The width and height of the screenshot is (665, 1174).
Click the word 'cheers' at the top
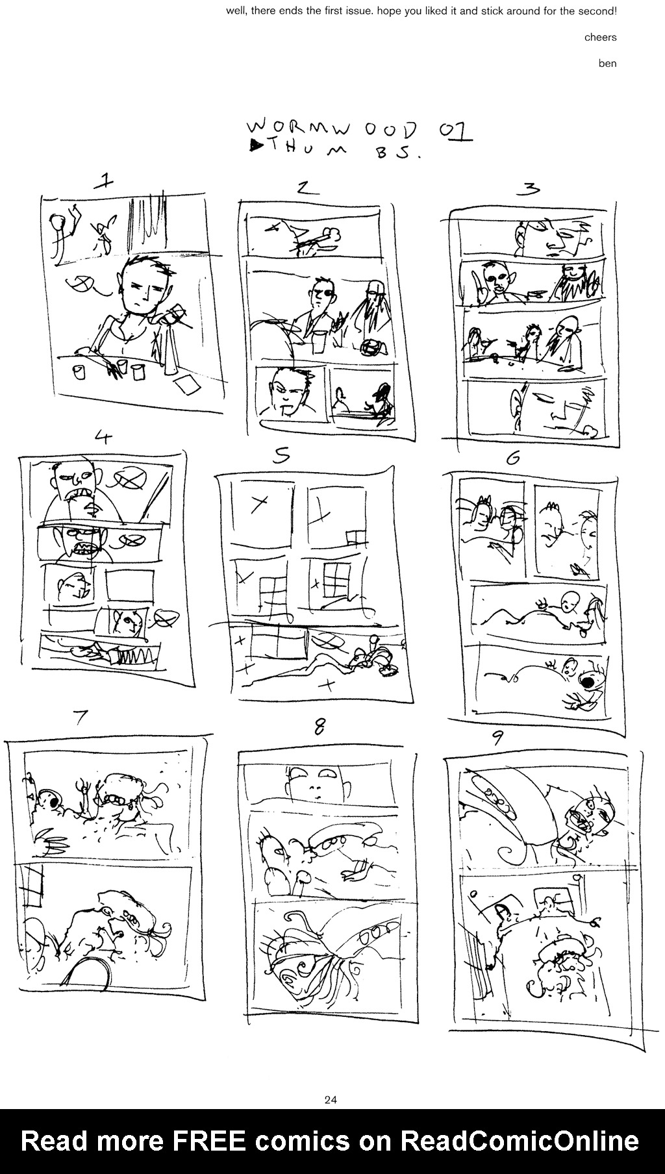pyautogui.click(x=600, y=37)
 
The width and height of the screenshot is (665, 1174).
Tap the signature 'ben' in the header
pyautogui.click(x=607, y=63)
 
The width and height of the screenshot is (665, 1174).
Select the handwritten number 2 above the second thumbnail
pyautogui.click(x=307, y=188)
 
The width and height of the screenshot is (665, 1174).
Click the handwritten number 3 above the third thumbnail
pyautogui.click(x=531, y=189)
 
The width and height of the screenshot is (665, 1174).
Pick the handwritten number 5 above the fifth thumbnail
pyautogui.click(x=281, y=456)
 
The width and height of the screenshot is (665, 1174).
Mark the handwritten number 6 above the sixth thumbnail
pyautogui.click(x=513, y=458)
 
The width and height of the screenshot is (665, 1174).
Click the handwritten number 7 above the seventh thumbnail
pyautogui.click(x=80, y=718)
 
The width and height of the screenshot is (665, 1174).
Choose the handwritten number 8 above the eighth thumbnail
pyautogui.click(x=320, y=728)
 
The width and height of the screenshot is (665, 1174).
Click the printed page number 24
pyautogui.click(x=330, y=1099)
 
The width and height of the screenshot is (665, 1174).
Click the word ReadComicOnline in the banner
pyautogui.click(x=520, y=1141)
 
